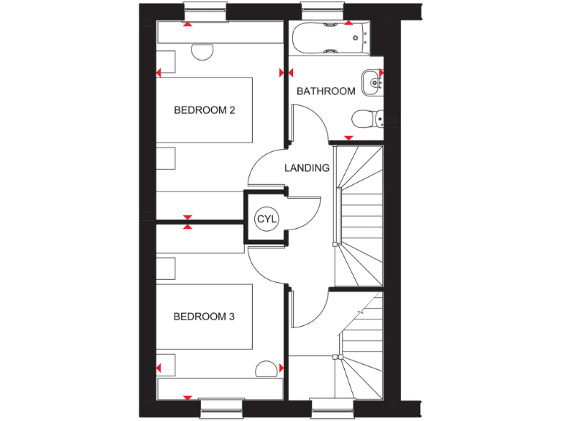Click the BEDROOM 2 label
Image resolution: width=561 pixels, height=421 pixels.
tap(204, 110)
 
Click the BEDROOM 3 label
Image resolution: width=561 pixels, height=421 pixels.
tap(204, 316)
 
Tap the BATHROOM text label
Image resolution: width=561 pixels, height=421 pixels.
tap(326, 91)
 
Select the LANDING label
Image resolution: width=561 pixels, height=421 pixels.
tap(307, 167)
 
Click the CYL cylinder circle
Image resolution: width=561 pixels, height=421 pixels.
tap(265, 219)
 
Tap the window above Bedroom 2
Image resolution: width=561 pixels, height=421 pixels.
tap(205, 12)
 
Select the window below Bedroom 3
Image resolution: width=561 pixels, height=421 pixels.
tap(221, 409)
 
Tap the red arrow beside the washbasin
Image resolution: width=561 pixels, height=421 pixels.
tap(381, 72)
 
